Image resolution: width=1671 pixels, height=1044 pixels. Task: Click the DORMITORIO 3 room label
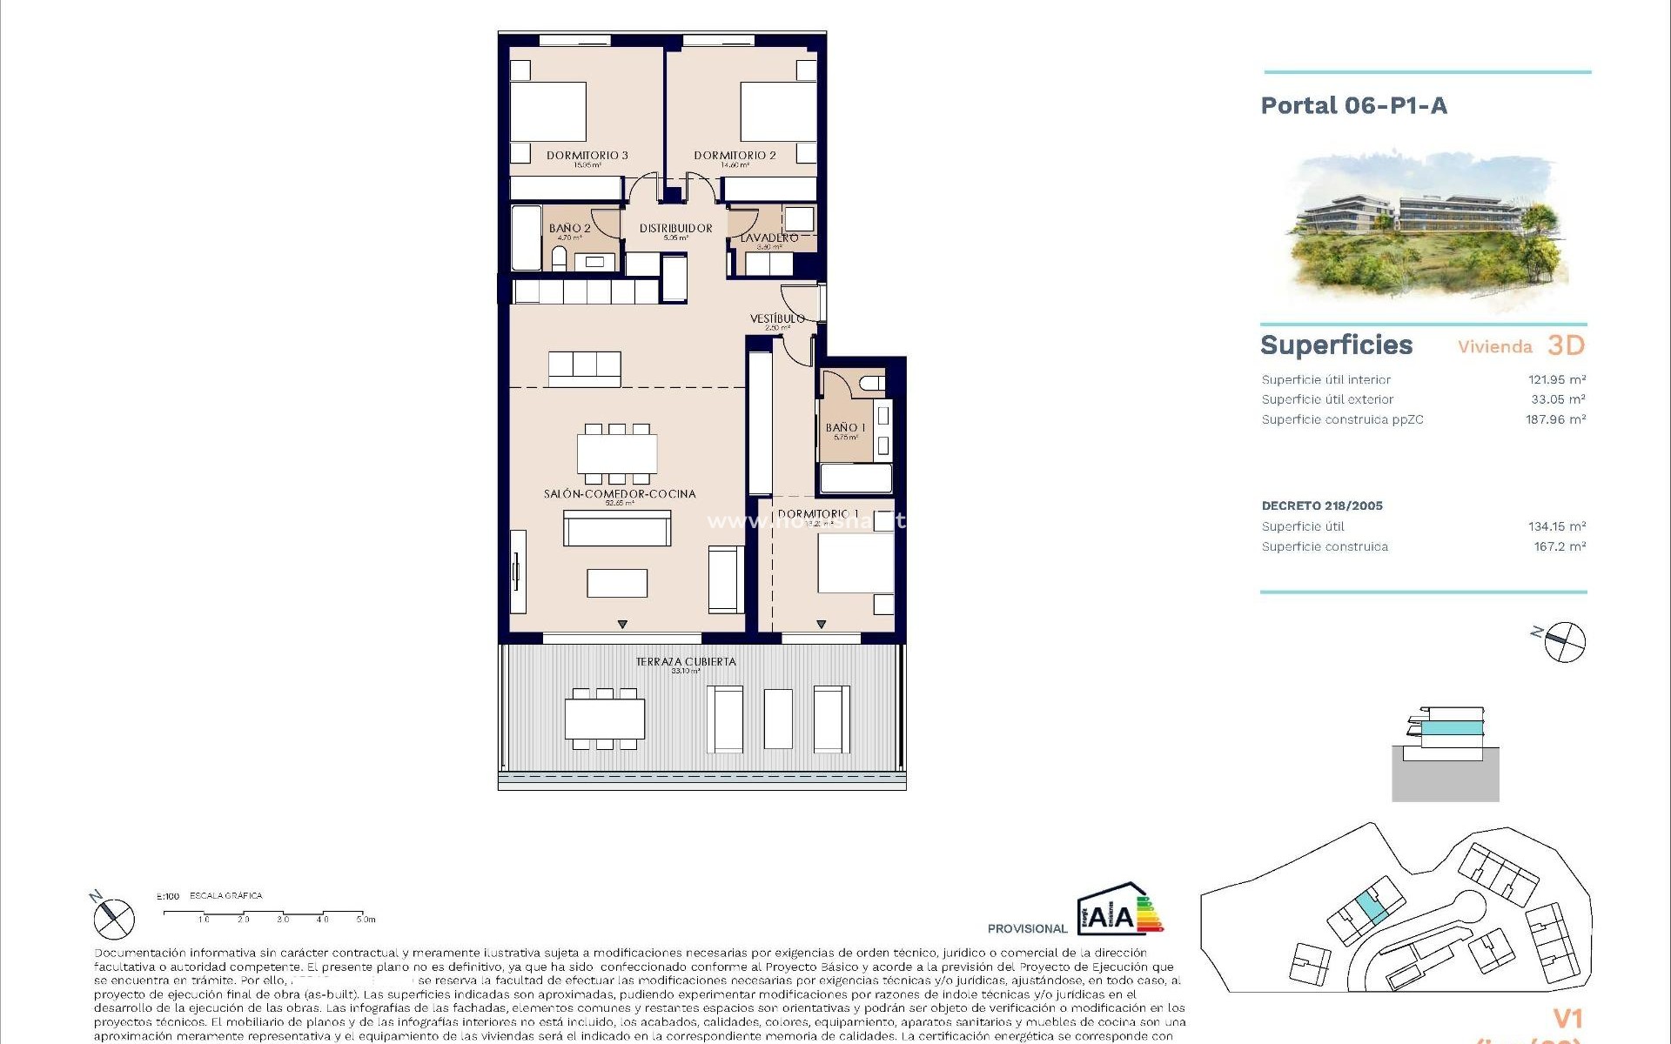coord(587,156)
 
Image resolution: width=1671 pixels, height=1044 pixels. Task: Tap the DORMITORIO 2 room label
coord(735,156)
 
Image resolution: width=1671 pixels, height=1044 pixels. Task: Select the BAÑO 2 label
coord(569,229)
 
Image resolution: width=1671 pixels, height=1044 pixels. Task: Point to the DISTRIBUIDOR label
coord(675,229)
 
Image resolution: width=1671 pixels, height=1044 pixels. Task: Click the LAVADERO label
coord(769,238)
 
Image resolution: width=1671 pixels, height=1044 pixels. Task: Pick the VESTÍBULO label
coord(777,318)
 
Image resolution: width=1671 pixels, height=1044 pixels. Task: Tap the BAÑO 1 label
coord(845,428)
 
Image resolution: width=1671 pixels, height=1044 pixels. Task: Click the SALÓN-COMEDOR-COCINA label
coord(620,494)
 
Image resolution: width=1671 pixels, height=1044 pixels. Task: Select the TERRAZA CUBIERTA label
coord(686,662)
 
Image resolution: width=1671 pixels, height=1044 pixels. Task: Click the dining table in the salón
coord(617,453)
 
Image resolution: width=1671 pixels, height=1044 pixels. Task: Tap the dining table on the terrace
coord(605,719)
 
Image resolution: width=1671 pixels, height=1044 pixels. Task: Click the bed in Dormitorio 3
coord(548,111)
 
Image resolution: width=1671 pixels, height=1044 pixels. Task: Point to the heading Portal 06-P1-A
coord(1353,106)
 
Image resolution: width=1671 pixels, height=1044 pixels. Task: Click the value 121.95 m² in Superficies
coord(1556,380)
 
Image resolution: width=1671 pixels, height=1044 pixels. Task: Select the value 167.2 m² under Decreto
coord(1559,547)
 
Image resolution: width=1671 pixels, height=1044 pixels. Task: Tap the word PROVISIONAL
coord(1027,929)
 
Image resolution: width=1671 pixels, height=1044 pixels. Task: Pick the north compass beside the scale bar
coord(113,917)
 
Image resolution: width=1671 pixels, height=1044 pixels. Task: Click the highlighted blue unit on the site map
coord(1371,909)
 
